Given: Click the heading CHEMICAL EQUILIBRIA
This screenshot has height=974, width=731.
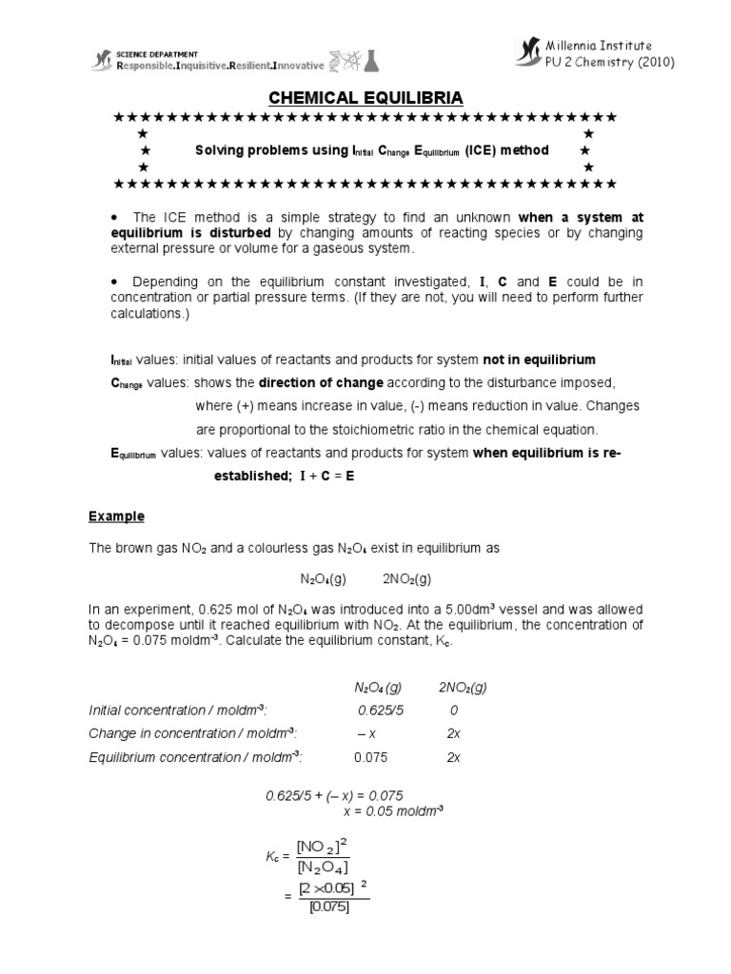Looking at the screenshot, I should click(365, 97).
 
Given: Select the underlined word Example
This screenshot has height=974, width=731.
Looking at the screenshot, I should click(116, 516).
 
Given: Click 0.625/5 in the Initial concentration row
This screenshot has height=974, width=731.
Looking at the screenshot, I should click(381, 710).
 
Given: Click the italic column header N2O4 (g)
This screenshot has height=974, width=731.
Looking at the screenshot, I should click(378, 687).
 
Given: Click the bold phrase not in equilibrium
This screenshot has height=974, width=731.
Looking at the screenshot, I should click(539, 360).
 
